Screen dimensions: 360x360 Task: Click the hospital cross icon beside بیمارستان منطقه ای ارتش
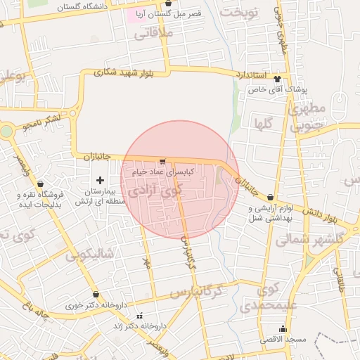(100, 181)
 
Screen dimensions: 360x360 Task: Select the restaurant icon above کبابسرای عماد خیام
(163, 161)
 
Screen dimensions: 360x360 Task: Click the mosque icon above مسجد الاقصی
(283, 328)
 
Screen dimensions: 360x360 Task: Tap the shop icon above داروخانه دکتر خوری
(96, 295)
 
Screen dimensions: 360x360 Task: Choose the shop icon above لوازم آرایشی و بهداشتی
(271, 198)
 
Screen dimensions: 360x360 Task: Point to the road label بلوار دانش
(323, 213)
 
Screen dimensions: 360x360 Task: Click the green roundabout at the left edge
(6, 130)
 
